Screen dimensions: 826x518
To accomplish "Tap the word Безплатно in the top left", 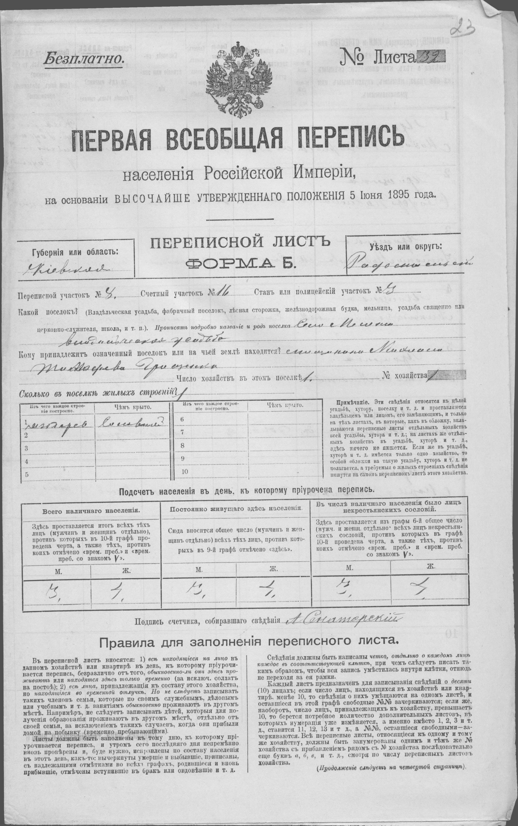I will (x=83, y=58).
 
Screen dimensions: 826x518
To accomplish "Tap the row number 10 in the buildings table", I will (x=185, y=471).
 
